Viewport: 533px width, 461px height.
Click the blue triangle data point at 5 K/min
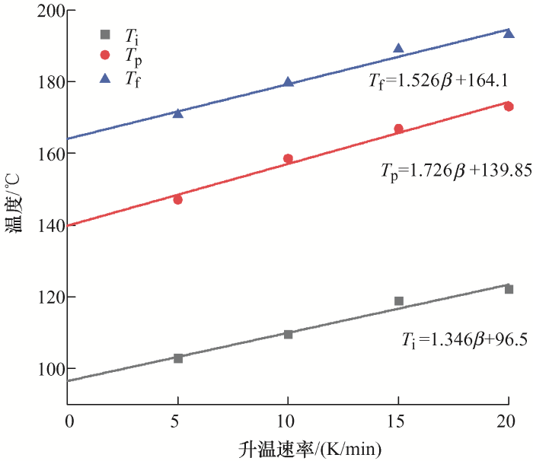pos(178,113)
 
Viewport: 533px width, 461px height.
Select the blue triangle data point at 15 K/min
pos(398,49)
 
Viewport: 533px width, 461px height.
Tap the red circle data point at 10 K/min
pos(288,159)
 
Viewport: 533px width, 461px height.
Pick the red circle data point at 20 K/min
pos(509,107)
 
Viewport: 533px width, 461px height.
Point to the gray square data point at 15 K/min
pos(398,301)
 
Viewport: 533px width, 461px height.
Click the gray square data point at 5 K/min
pos(178,358)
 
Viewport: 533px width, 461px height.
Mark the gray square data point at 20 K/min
pos(509,289)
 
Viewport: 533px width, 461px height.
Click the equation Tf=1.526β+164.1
pos(439,79)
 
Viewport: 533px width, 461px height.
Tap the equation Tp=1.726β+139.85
pos(455,171)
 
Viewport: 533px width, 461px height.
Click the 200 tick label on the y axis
pos(49,11)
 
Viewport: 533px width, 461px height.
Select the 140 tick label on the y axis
pos(49,225)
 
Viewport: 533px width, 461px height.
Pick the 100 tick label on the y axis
pos(49,369)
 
